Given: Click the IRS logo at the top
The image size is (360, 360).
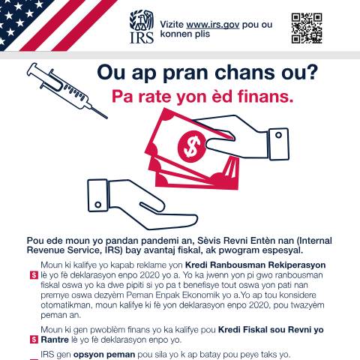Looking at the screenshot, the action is click(142, 26).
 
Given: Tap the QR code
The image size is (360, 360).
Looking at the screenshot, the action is click(307, 28).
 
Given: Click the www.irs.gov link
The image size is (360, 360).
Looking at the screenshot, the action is click(213, 25).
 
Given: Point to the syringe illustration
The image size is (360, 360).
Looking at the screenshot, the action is click(67, 91).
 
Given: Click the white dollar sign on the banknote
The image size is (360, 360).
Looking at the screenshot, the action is click(192, 146).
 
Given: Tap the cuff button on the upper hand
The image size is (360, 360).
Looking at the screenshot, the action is click(278, 135).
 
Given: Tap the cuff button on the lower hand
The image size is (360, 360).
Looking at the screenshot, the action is click(98, 205).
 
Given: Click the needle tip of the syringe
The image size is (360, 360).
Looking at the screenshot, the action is click(107, 118).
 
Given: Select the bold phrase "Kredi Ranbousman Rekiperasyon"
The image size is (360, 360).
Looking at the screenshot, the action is click(255, 265).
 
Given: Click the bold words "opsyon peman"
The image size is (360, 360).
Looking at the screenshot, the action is click(104, 355).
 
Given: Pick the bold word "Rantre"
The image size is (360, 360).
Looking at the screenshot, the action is click(55, 340).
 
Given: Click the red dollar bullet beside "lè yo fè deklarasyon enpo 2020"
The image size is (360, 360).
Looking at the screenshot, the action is click(34, 275).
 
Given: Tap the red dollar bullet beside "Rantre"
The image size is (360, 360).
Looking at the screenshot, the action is click(34, 340).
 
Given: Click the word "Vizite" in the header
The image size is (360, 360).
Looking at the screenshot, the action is click(172, 25).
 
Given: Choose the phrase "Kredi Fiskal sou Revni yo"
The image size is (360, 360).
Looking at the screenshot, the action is click(271, 330).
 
